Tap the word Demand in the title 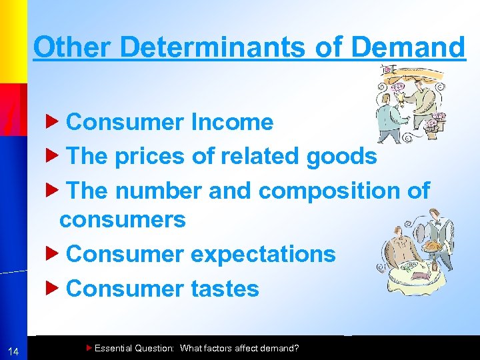click(x=407, y=47)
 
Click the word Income click(x=232, y=122)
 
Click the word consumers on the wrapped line click(x=123, y=219)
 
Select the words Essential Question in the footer click(x=134, y=348)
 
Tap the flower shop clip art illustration click(x=408, y=103)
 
